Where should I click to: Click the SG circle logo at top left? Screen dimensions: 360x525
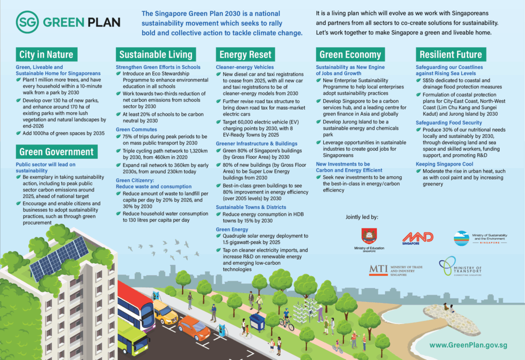[27, 22]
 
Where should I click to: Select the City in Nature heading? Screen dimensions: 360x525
[46, 55]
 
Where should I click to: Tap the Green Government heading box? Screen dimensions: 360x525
[57, 151]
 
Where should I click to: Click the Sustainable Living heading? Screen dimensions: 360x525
[156, 55]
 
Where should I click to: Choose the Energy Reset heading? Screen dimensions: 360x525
[246, 55]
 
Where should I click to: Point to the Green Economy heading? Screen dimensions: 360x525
[350, 55]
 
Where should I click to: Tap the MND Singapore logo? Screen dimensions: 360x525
[417, 237]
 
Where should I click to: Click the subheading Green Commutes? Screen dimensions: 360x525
[137, 130]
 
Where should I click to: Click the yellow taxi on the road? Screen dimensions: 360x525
[164, 312]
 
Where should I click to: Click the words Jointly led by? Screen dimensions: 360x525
[362, 217]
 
